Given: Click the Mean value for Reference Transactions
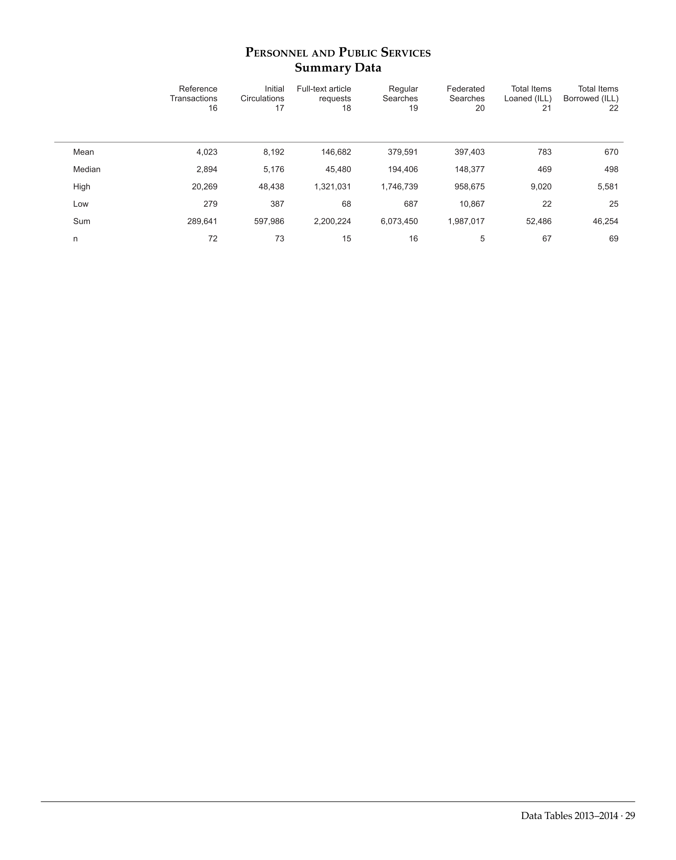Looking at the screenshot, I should (x=207, y=152).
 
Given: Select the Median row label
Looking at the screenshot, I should (x=87, y=169).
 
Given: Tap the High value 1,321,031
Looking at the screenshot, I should (x=333, y=187).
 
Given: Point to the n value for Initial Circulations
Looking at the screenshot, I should (x=279, y=238).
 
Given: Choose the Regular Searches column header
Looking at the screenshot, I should (x=400, y=98).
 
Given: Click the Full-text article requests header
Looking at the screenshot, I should (x=324, y=98).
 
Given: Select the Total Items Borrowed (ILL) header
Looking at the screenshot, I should (x=591, y=98).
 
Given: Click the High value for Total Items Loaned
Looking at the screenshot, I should (x=541, y=187).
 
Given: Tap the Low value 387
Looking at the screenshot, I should (x=277, y=204).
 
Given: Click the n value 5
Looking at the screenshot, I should (x=482, y=238).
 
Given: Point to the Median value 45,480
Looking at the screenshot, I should (x=336, y=169).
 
